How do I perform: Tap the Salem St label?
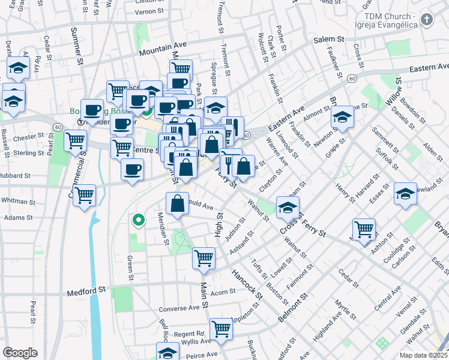click(x=328, y=40)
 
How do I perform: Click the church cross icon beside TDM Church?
click(x=426, y=20)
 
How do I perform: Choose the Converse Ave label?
click(x=179, y=308)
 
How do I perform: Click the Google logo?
click(x=20, y=353)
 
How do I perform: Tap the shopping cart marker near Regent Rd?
click(x=221, y=329)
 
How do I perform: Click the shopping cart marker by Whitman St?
click(x=85, y=194)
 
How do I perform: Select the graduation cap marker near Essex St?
click(x=405, y=194)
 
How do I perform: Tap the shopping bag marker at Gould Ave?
click(x=178, y=203)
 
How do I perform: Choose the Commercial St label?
click(x=82, y=162)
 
